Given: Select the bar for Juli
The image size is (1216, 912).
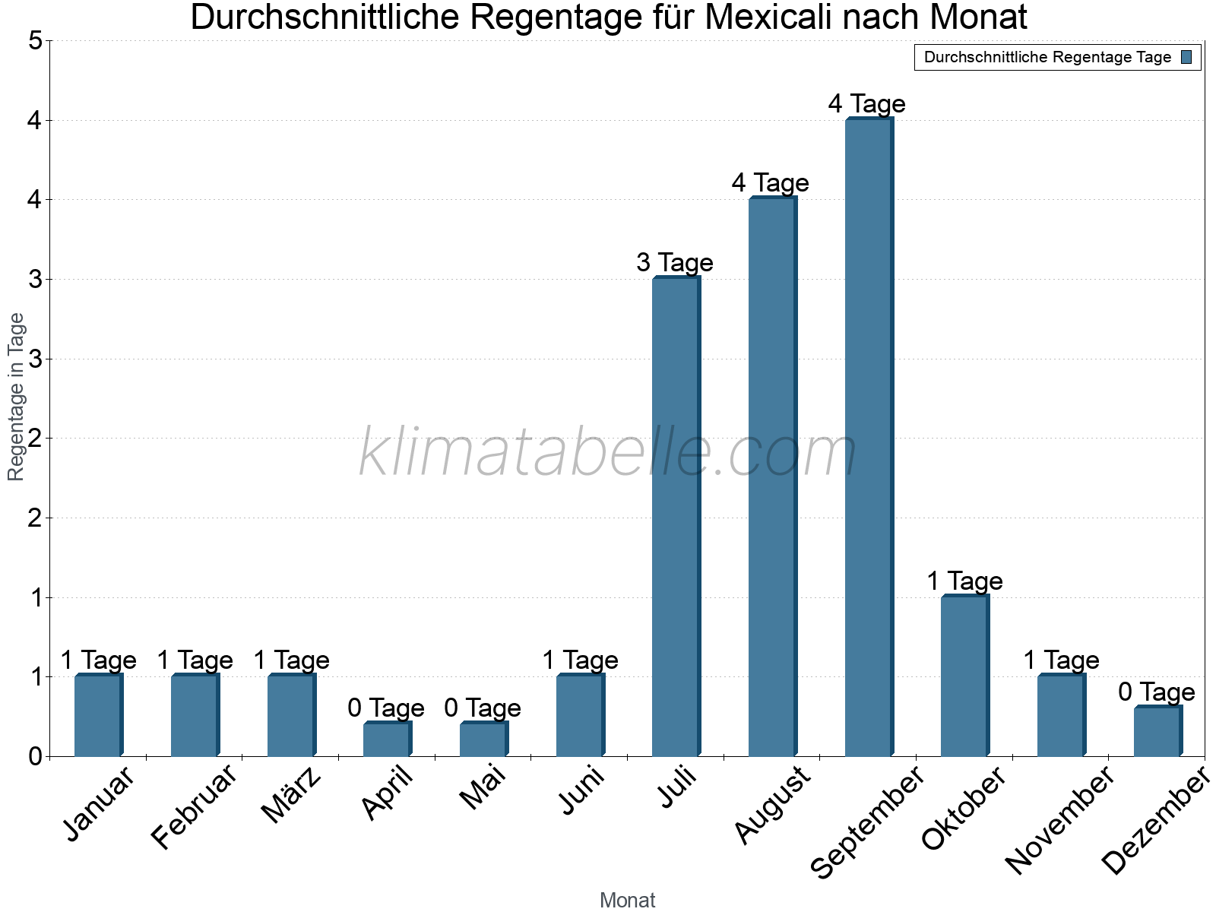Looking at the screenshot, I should [676, 517].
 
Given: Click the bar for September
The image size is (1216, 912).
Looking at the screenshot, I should [869, 437].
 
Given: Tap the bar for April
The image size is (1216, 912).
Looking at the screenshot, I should [387, 739].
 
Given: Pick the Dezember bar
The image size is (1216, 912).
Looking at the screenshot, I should [1157, 731].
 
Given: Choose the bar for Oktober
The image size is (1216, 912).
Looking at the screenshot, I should [964, 676].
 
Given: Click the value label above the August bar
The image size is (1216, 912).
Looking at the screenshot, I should [771, 183].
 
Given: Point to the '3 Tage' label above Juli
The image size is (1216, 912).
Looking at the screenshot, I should [675, 263].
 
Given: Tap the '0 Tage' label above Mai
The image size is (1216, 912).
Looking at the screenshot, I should [483, 708].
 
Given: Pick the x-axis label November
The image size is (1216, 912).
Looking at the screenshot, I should [1059, 820].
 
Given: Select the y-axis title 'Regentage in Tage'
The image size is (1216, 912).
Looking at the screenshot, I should [16, 397].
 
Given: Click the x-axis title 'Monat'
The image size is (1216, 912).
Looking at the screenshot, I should [627, 901].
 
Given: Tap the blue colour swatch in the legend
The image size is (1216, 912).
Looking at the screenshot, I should [1187, 57].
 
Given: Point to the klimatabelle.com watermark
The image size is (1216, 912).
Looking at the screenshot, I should [608, 453].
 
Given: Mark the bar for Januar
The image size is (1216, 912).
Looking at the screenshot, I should [98, 715].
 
